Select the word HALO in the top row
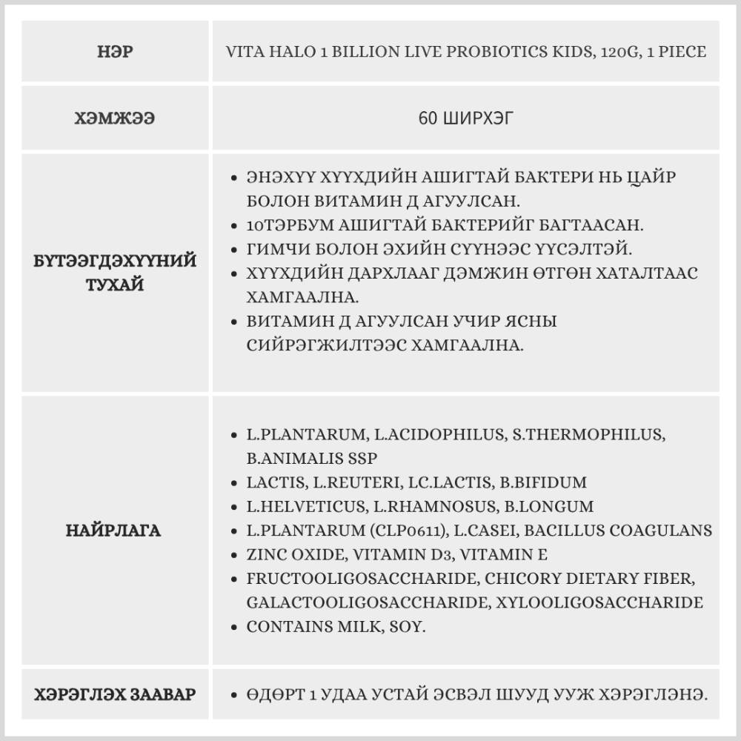pyautogui.click(x=278, y=52)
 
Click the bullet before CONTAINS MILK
pyautogui.click(x=234, y=627)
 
